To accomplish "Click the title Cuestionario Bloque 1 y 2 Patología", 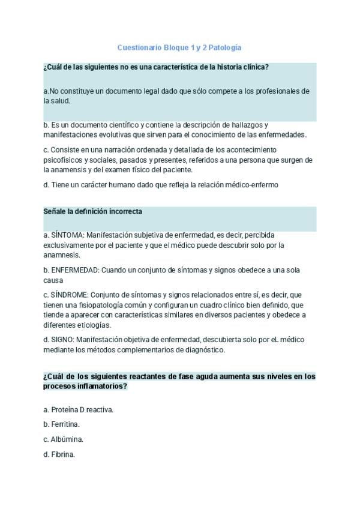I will [x=179, y=47].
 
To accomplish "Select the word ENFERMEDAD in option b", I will [x=75, y=270].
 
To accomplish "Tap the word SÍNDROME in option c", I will [x=70, y=295].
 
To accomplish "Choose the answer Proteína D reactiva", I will [x=79, y=409].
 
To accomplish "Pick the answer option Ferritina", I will [x=62, y=424].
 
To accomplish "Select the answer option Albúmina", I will [x=63, y=439].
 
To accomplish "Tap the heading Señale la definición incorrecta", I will [x=92, y=212].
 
